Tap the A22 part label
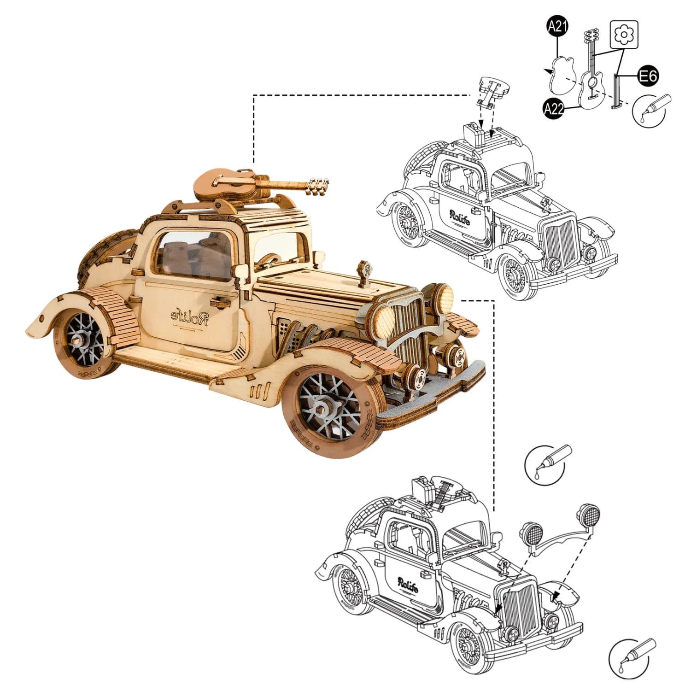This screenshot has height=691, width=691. (554, 108)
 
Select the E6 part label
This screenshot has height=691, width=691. (648, 76)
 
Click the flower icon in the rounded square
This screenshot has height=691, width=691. (624, 34)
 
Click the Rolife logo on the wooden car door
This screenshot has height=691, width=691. (190, 317)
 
